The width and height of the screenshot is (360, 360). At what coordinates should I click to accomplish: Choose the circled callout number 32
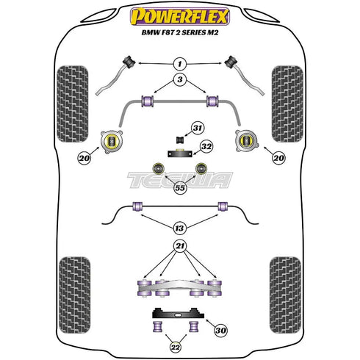(206, 147)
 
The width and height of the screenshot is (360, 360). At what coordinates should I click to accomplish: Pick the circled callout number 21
(179, 246)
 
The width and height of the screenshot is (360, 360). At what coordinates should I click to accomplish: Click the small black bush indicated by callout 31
(179, 140)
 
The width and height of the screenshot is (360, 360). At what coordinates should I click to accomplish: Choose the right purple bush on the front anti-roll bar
(214, 100)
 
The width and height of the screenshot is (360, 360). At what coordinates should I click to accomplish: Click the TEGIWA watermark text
(180, 179)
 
